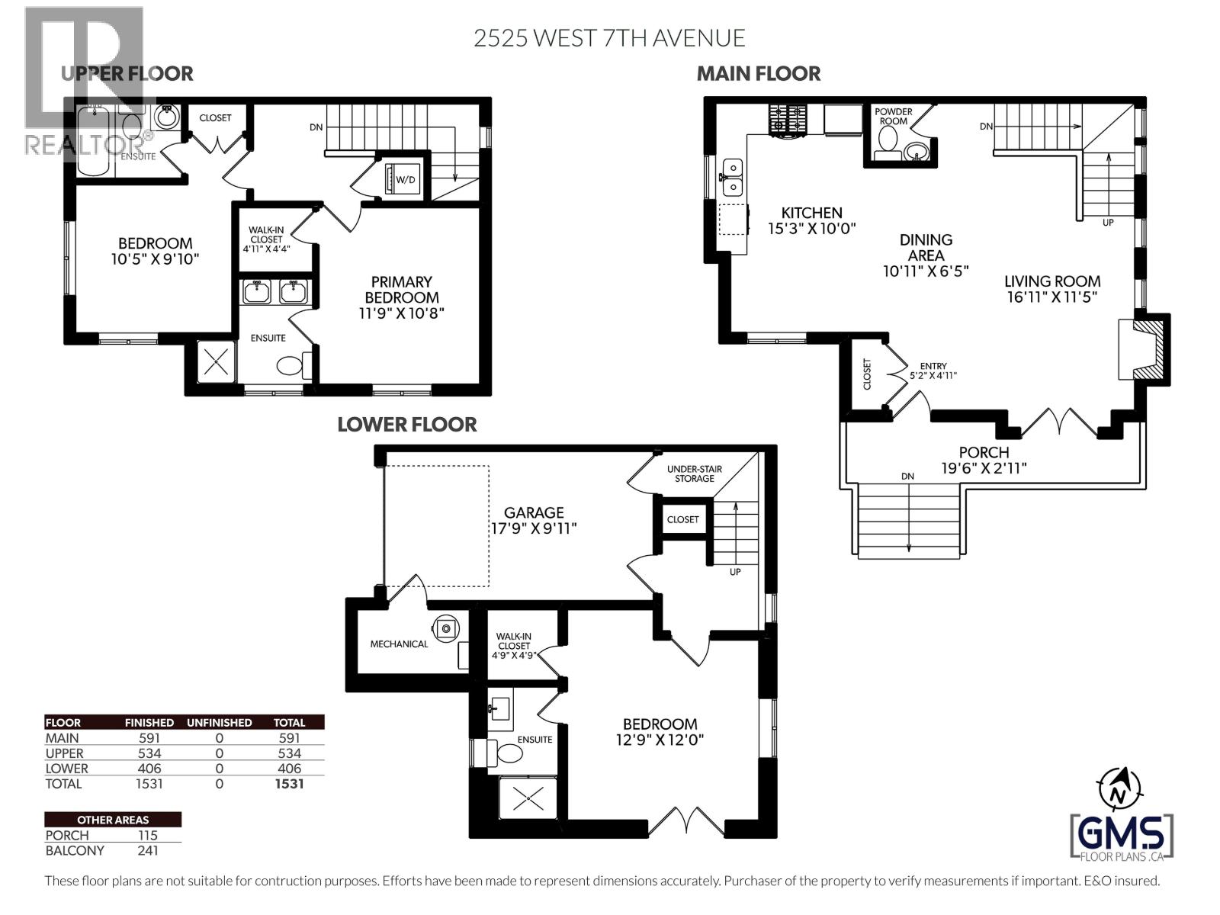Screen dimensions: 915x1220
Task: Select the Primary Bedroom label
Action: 402,290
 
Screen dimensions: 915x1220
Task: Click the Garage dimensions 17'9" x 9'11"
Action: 534,528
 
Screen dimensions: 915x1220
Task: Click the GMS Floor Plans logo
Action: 1122,836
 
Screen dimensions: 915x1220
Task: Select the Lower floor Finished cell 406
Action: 149,769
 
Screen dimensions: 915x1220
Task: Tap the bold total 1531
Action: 289,784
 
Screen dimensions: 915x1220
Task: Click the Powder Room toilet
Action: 888,140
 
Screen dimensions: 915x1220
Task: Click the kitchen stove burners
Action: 787,120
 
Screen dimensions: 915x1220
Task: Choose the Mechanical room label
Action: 399,644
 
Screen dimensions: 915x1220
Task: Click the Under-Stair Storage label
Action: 694,474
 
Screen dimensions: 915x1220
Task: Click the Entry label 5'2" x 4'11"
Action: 933,371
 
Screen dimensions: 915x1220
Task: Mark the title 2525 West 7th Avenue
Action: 608,37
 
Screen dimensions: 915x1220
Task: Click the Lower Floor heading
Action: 406,425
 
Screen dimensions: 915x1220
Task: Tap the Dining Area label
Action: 926,247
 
